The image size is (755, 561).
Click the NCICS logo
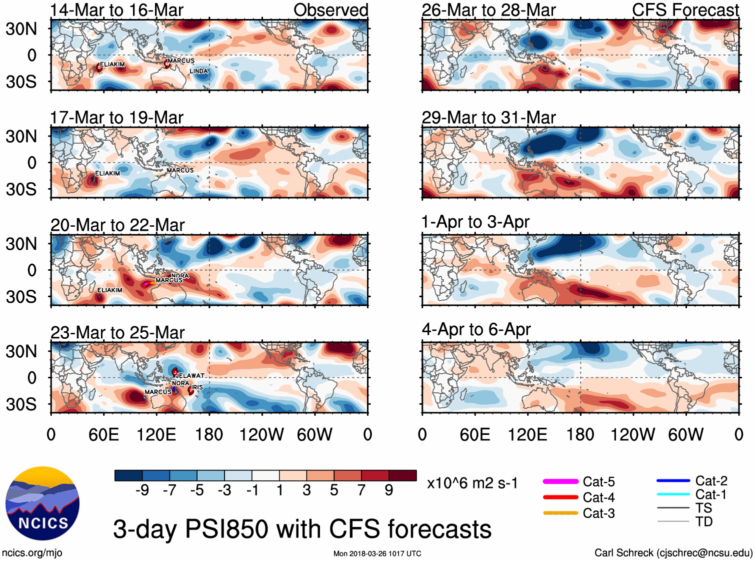coord(42,503)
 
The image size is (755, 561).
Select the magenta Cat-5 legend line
coord(560,481)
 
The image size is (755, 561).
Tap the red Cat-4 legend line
coord(560,497)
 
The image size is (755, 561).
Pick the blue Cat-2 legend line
coord(673,481)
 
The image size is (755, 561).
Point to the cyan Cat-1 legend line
coord(673,494)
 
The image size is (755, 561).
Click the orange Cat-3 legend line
coord(560,513)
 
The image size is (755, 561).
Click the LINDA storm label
coord(198,71)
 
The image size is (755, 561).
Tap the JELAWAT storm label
coord(190,375)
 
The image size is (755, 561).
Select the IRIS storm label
coord(197,387)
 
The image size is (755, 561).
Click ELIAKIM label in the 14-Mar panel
coord(112,65)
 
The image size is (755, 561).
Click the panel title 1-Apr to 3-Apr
coord(475,222)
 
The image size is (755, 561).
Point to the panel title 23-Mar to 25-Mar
coord(117,332)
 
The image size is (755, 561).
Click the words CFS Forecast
coord(685,10)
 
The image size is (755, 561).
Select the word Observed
coord(330,10)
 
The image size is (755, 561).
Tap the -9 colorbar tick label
coord(142,490)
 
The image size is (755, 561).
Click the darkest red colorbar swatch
coord(402,475)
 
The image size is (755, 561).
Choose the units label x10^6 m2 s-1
coord(472,483)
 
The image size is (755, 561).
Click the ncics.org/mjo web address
coord(32,552)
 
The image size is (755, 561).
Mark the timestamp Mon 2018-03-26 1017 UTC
coord(377,553)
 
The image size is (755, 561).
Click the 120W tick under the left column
coord(261,434)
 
